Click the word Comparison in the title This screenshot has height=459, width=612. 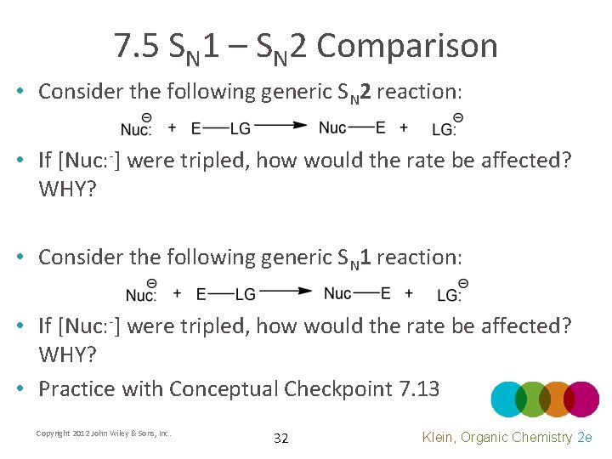pyautogui.click(x=406, y=46)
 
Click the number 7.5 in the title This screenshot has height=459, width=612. pyautogui.click(x=139, y=46)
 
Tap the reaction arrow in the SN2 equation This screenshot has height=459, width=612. pyautogui.click(x=281, y=126)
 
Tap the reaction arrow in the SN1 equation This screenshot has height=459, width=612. pyautogui.click(x=286, y=292)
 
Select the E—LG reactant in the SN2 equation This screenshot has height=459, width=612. pyautogui.click(x=221, y=128)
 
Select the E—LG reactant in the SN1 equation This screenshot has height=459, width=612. pyautogui.click(x=226, y=294)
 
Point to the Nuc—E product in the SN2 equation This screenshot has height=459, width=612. pyautogui.click(x=352, y=127)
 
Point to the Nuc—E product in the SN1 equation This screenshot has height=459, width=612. pyautogui.click(x=357, y=293)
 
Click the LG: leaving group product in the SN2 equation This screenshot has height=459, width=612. pyautogui.click(x=444, y=127)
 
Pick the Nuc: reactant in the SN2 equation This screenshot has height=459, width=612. pyautogui.click(x=136, y=127)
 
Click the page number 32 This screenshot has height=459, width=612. pyautogui.click(x=280, y=439)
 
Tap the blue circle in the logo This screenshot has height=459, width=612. pyautogui.click(x=509, y=399)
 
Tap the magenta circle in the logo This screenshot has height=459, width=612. pyautogui.click(x=581, y=399)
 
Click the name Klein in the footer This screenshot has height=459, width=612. pyautogui.click(x=439, y=437)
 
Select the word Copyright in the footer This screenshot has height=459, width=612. pyautogui.click(x=52, y=433)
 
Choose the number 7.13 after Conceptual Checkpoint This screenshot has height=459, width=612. pyautogui.click(x=418, y=389)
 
